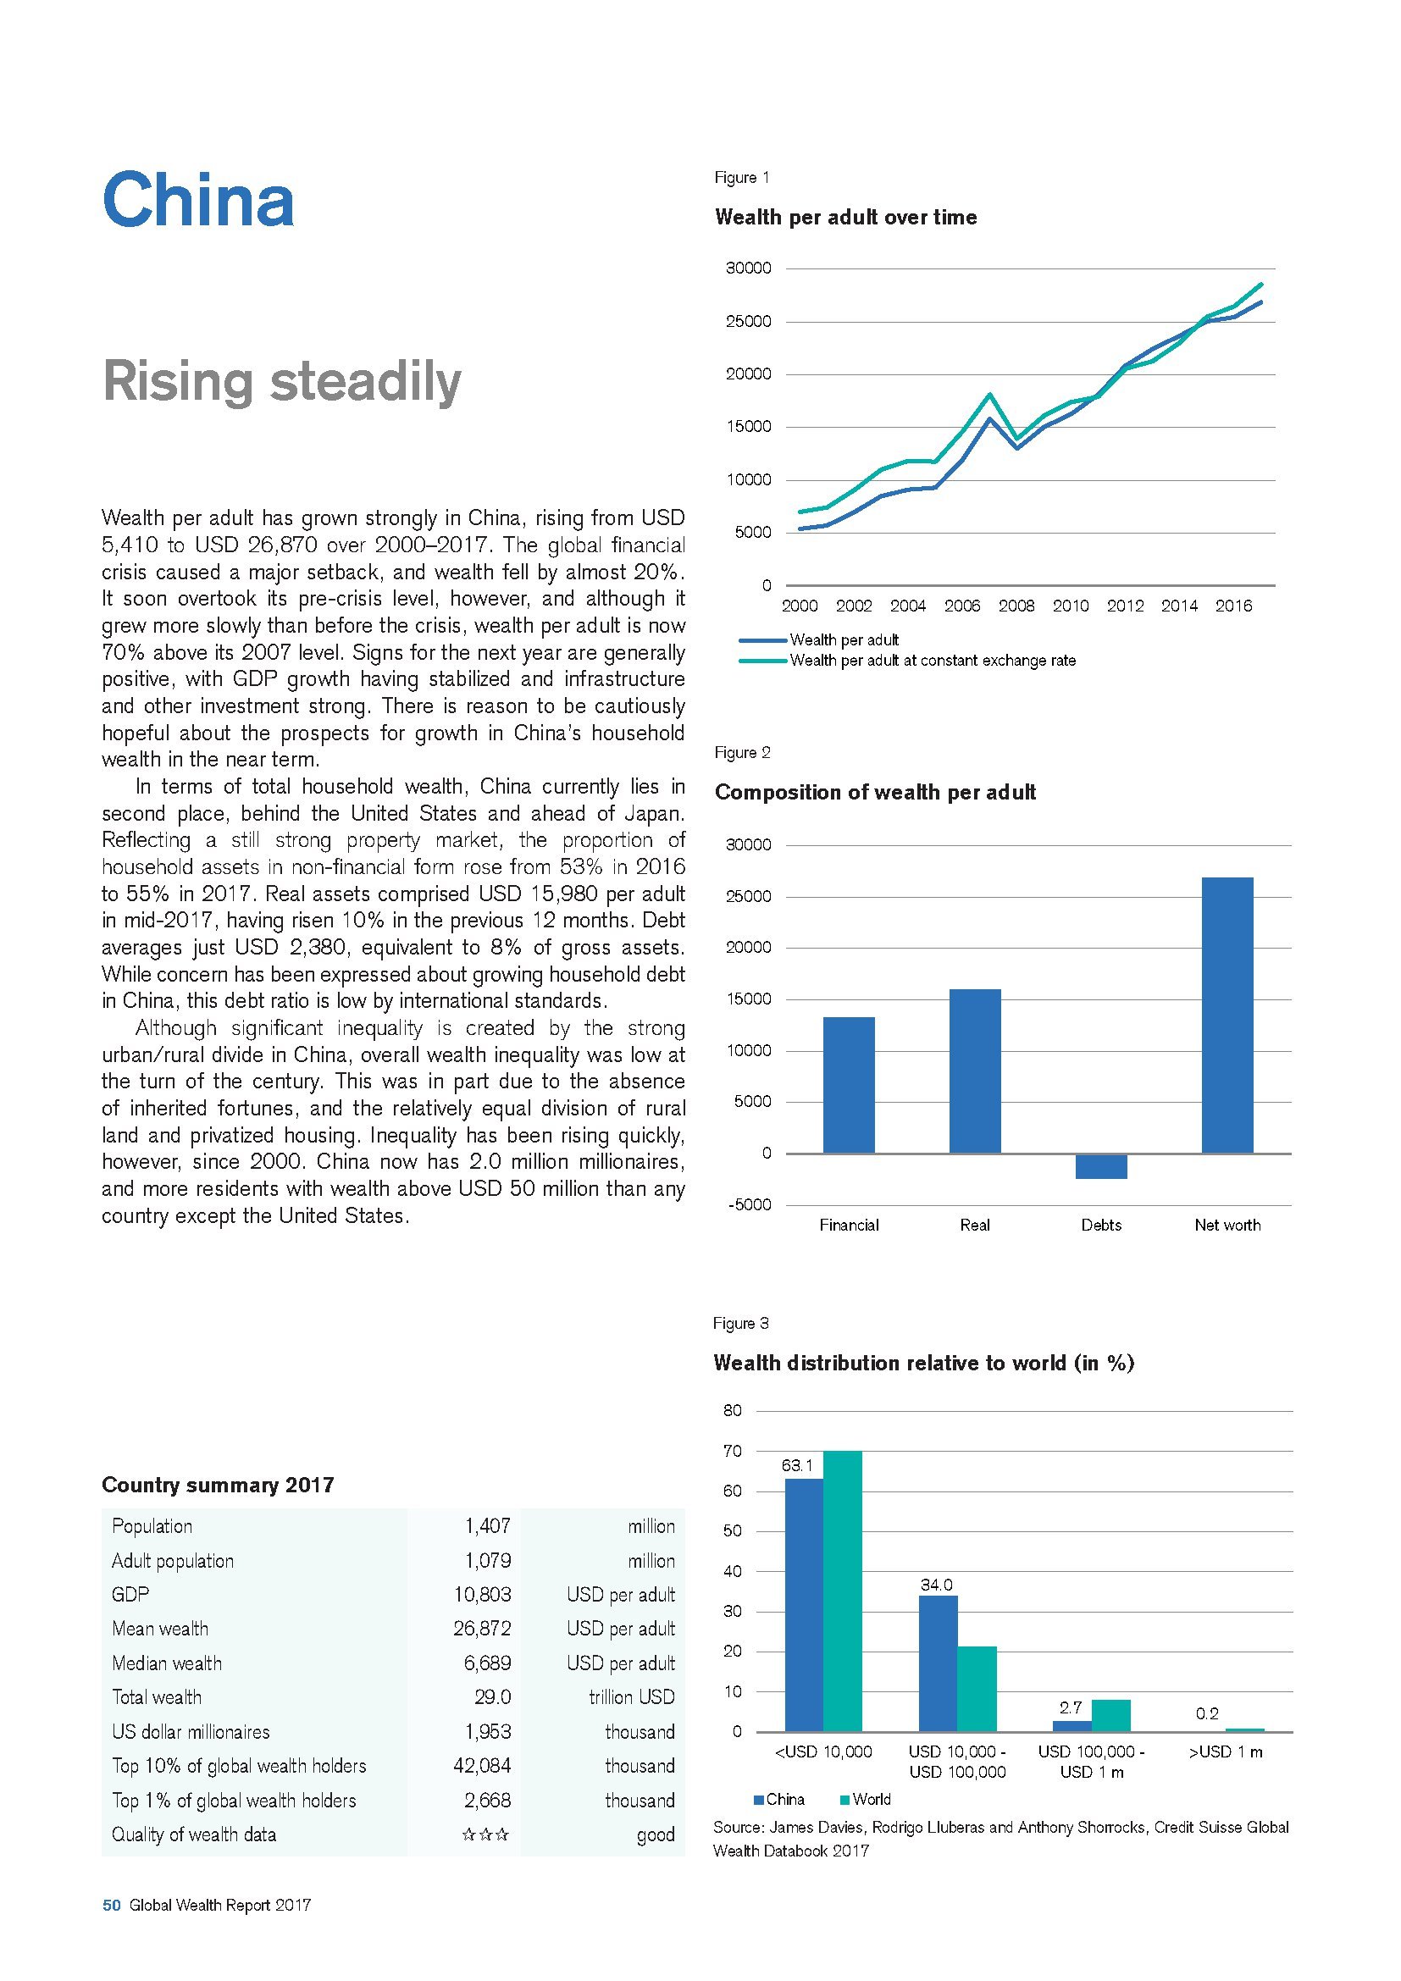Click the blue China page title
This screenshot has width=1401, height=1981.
[x=198, y=199]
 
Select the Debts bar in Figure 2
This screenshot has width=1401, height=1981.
[x=1101, y=1165]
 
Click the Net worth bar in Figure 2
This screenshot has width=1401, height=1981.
[x=1227, y=1015]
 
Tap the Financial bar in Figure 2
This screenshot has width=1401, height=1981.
[x=848, y=1085]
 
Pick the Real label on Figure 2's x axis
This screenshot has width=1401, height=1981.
[x=975, y=1225]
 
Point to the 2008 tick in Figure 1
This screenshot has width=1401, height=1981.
[x=1016, y=606]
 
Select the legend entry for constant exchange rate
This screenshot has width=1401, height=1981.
[x=933, y=661]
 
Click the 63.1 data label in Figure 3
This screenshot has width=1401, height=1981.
[x=797, y=1465]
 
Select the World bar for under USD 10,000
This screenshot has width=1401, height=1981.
[x=843, y=1591]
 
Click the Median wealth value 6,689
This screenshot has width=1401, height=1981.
[x=487, y=1663]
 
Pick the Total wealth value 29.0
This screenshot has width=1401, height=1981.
[x=493, y=1696]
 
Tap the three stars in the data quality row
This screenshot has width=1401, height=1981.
[x=485, y=1834]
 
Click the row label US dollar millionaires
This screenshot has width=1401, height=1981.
[x=191, y=1731]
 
